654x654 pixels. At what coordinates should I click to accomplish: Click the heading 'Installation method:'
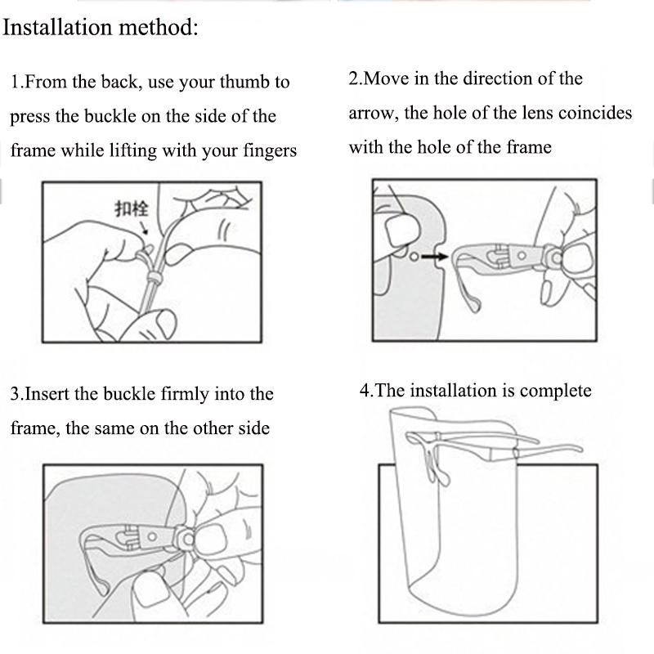coord(101,28)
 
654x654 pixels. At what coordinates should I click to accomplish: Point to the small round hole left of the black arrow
coord(415,257)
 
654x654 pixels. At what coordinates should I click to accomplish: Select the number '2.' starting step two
coord(356,79)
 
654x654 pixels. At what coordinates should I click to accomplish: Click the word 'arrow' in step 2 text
coord(373,114)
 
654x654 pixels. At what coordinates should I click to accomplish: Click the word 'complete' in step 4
coord(555,391)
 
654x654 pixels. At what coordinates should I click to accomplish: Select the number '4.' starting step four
coord(367,391)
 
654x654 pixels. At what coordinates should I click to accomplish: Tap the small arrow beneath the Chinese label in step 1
coord(145,228)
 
